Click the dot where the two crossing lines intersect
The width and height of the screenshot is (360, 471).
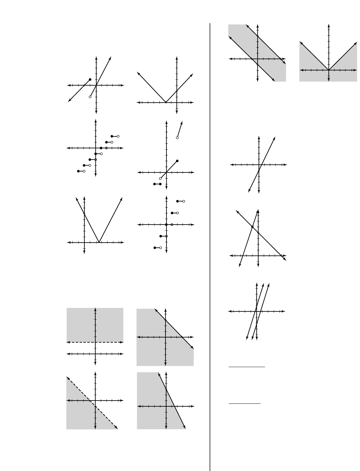point(252,227)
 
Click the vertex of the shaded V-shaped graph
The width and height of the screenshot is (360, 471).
point(328,70)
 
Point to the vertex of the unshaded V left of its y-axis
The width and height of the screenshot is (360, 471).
point(166,102)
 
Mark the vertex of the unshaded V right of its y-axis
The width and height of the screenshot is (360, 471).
point(99,242)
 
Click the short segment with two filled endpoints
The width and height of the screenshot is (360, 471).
point(157,184)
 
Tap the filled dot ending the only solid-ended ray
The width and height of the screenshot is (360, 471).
point(90,79)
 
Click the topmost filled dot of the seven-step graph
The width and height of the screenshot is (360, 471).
point(112,136)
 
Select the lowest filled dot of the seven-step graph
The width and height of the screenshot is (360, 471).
point(78,171)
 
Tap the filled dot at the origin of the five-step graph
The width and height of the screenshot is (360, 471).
point(166,224)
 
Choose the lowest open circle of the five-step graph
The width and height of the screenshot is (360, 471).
point(161,248)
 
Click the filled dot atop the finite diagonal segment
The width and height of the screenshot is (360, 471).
point(177,161)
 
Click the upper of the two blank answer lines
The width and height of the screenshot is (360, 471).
point(247,366)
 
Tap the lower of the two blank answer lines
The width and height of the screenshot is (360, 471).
point(244,403)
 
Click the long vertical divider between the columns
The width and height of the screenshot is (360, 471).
point(210,245)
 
